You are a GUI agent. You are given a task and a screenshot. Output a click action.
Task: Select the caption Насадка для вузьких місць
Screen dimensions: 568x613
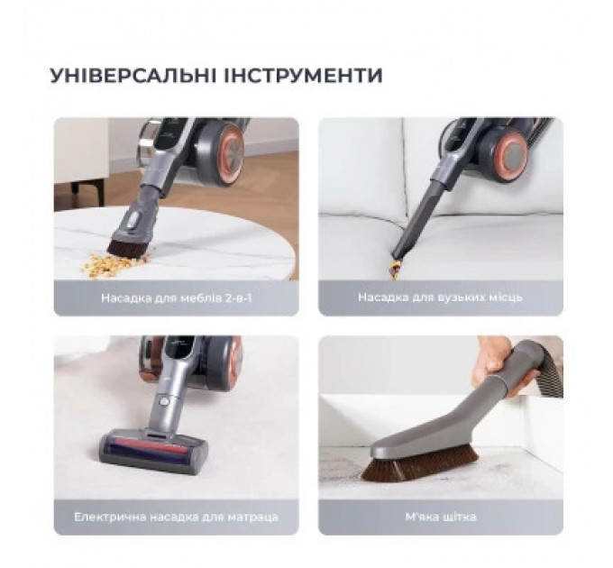point(440,297)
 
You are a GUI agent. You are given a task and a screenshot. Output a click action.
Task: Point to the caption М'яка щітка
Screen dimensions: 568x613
point(440,517)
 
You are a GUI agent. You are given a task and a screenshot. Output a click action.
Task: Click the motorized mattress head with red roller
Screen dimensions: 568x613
point(153,448)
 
